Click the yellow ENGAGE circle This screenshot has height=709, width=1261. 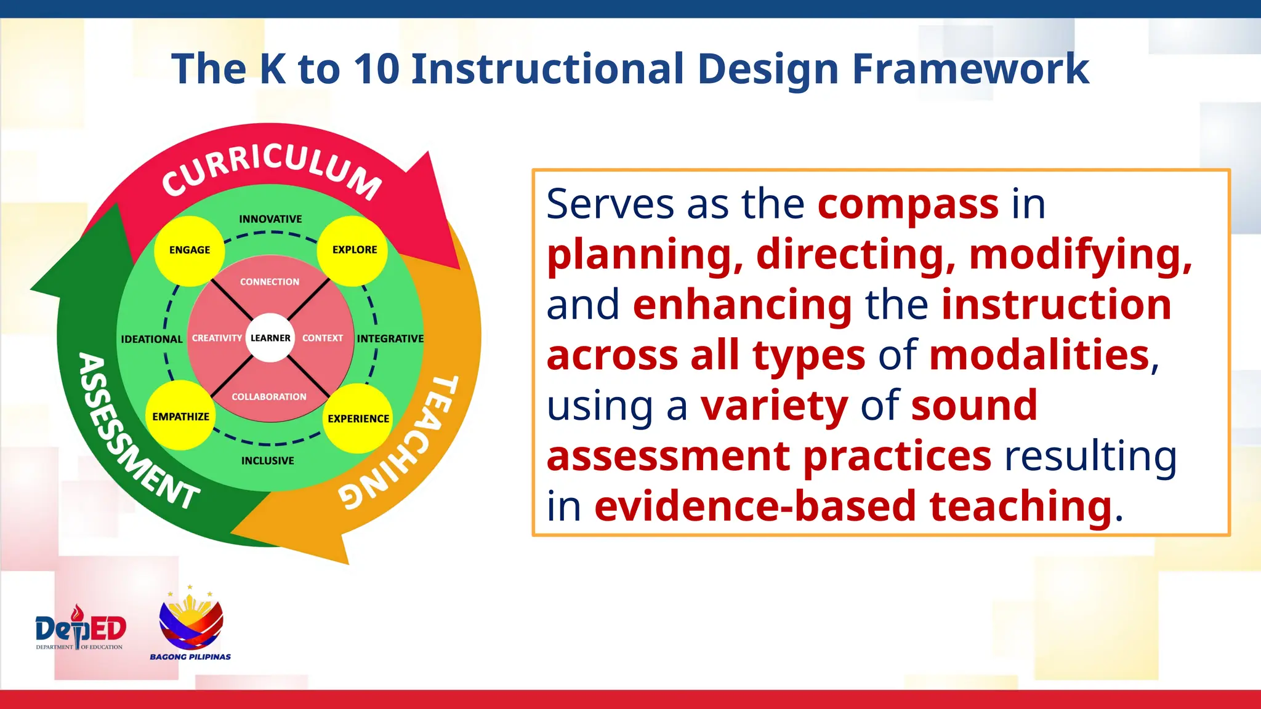189,250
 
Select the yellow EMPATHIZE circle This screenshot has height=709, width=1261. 180,417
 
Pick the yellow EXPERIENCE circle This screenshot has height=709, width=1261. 358,419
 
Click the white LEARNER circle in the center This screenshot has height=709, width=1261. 270,338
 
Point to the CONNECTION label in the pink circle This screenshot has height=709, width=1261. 270,282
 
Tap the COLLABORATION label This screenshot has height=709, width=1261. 268,397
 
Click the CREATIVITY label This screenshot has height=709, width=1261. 217,338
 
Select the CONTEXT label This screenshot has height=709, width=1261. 323,338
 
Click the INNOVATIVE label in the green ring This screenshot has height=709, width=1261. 270,219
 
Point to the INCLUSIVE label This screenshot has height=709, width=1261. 267,460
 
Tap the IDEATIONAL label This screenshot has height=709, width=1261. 151,339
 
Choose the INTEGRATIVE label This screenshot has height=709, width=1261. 390,338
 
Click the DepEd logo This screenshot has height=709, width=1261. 80,628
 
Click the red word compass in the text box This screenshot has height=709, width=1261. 908,204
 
